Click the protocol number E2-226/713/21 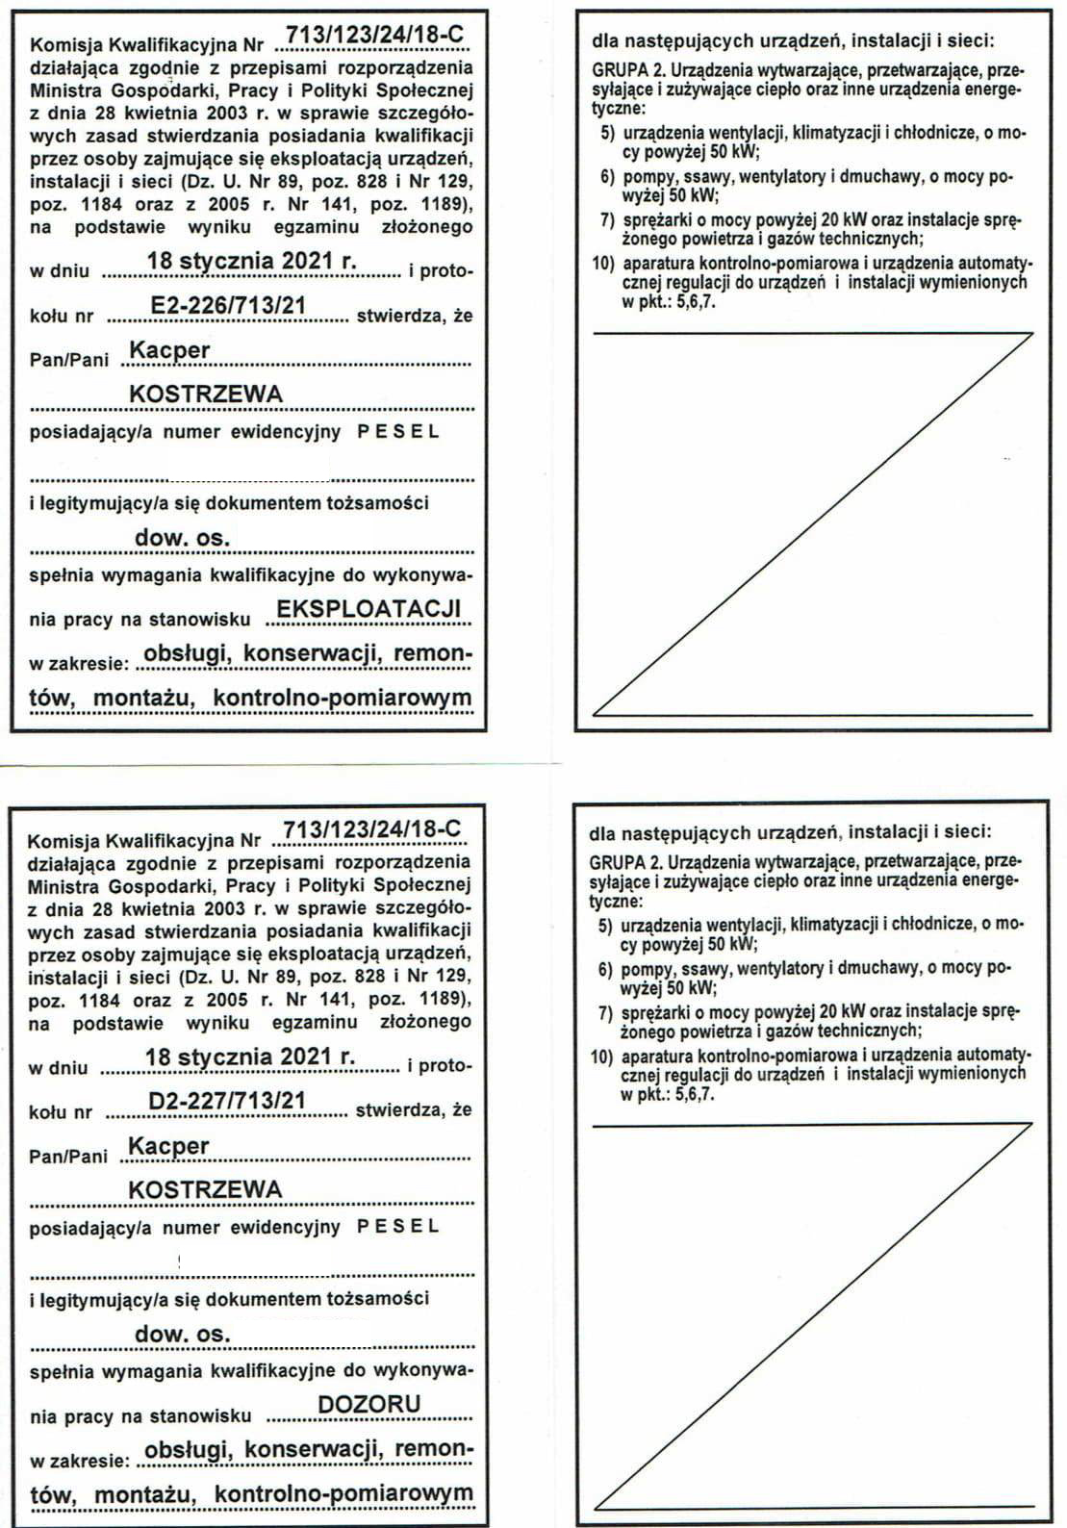pos(229,306)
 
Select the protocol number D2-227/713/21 pos(227,1100)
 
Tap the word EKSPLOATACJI pos(368,609)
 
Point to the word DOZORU pos(369,1404)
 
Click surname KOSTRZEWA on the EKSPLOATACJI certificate pos(206,394)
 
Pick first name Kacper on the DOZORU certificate pos(168,1146)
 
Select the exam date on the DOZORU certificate pos(250,1057)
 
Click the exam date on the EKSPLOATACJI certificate pos(251,261)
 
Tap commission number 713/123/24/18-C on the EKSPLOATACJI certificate pos(375,36)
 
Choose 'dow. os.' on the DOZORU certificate pos(183,1334)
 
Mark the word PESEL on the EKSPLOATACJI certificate pos(398,432)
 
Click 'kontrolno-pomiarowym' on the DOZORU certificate pos(343,1493)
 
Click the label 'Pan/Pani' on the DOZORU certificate pos(68,1156)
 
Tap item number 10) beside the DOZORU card pos(602,1057)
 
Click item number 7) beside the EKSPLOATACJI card pos(606,220)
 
